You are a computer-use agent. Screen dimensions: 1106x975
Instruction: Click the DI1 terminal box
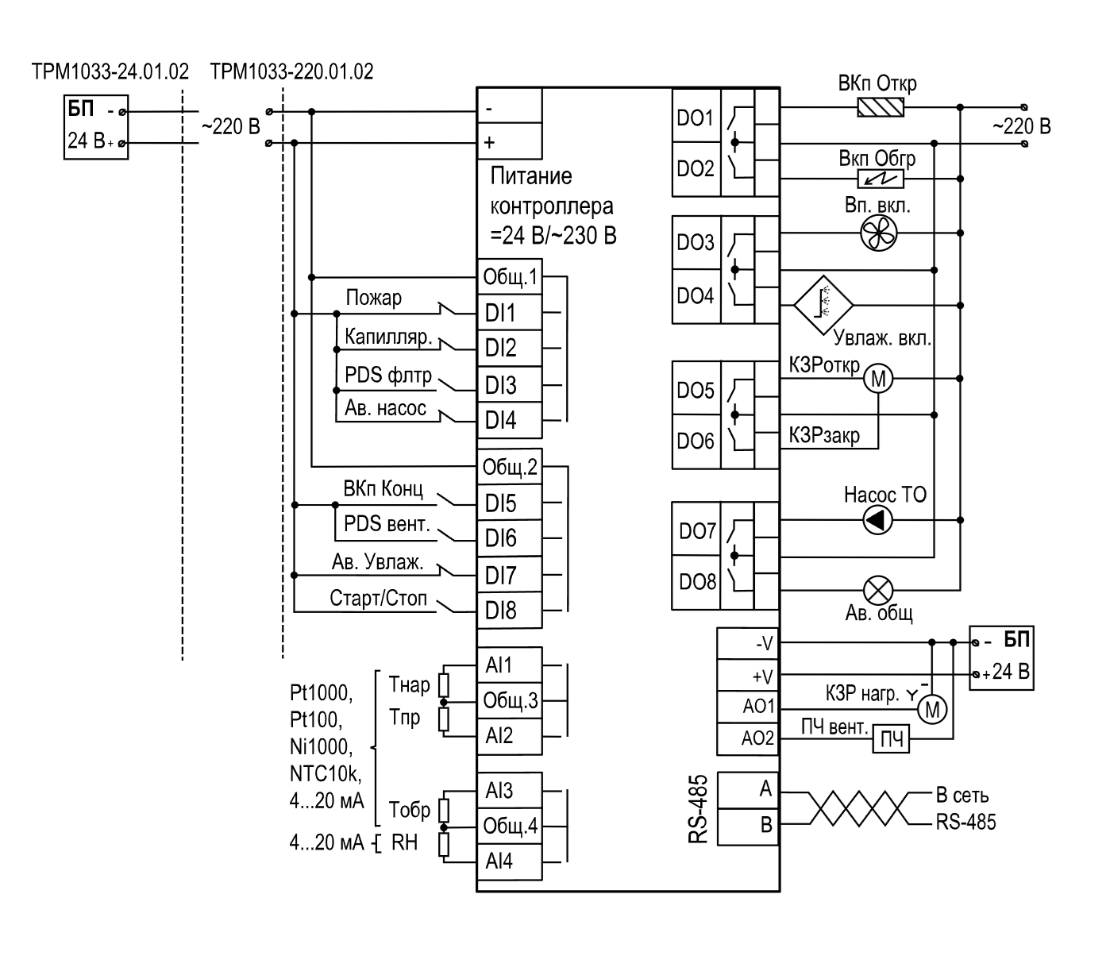click(509, 313)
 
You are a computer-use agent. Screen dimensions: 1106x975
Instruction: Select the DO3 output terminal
click(696, 242)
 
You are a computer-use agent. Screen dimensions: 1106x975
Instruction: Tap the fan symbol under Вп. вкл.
click(878, 233)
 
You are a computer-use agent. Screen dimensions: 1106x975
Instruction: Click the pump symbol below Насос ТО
click(878, 520)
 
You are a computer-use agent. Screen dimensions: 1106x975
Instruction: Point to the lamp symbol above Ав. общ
click(878, 590)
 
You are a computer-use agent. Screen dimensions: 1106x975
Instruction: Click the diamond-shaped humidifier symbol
click(823, 305)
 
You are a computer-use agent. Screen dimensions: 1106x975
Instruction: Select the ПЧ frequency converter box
click(891, 739)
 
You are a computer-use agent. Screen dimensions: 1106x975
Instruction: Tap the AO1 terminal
click(747, 707)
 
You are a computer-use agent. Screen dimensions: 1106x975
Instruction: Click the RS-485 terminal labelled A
click(747, 790)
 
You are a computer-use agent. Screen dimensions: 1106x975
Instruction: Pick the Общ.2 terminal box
click(509, 467)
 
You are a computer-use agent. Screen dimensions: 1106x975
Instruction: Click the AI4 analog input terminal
click(509, 861)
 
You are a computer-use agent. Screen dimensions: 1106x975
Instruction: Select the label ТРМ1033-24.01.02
click(110, 71)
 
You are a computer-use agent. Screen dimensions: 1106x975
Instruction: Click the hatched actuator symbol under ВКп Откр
click(880, 107)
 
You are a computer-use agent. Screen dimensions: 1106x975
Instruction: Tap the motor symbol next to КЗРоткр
click(878, 378)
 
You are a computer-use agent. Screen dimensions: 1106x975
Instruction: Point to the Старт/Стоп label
click(378, 599)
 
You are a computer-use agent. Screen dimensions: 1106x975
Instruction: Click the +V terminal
click(747, 676)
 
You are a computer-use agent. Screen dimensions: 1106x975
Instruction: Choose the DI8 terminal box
click(509, 611)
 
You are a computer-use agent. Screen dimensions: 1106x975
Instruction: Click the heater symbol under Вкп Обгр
click(880, 179)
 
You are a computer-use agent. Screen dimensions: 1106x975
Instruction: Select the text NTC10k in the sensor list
click(326, 773)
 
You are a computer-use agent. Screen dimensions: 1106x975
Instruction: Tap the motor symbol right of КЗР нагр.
click(932, 710)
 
